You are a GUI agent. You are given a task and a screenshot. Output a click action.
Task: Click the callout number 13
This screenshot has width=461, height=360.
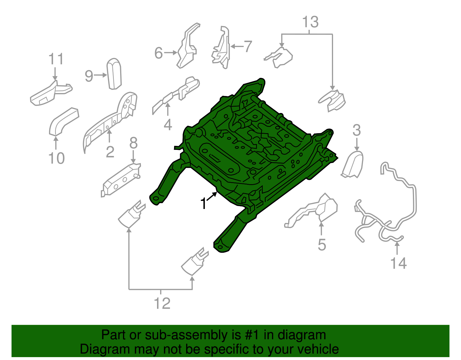coord(310,22)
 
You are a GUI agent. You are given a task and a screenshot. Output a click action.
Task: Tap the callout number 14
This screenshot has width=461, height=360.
coord(398,263)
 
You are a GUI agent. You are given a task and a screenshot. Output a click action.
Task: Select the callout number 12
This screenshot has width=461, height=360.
coord(162,303)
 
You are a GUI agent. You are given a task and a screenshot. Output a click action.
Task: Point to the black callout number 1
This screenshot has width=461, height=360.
coord(203,203)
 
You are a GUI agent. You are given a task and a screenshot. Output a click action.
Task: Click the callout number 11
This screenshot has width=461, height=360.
coord(56,59)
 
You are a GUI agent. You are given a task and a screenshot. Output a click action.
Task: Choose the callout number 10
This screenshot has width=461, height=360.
coord(56,158)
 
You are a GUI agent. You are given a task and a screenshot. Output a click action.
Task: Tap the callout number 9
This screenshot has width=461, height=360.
coord(89,76)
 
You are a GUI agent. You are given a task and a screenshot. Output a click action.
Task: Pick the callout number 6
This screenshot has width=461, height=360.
coord(159,53)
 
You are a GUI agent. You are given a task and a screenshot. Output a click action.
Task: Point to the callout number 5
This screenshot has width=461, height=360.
coord(322,245)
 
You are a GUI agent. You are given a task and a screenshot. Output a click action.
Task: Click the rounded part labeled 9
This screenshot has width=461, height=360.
coord(114,73)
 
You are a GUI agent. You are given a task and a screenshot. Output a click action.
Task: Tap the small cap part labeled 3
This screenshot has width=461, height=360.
coord(352,165)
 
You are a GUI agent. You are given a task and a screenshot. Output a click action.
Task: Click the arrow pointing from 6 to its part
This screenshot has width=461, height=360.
coord(171,53)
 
